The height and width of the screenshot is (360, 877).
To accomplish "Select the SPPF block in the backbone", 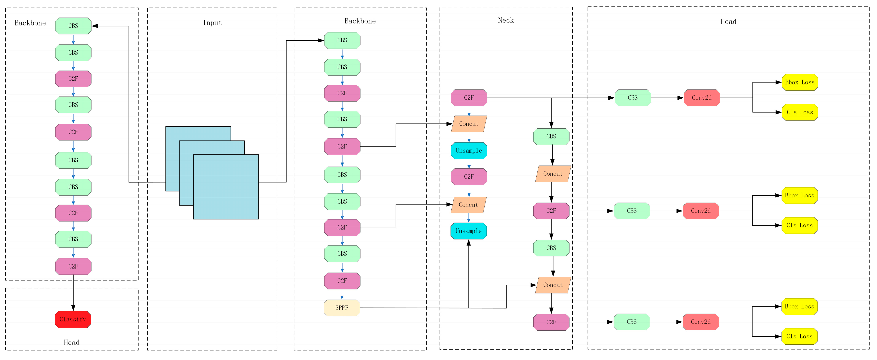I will pyautogui.click(x=342, y=308).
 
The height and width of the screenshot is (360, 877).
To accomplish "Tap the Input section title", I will pyautogui.click(x=212, y=23).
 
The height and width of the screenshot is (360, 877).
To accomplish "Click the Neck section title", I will pyautogui.click(x=506, y=20).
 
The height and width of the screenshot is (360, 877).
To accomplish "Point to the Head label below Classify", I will pyautogui.click(x=71, y=342).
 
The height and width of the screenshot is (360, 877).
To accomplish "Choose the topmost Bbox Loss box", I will pyautogui.click(x=800, y=82).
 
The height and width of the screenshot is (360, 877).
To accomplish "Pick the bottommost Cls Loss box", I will pyautogui.click(x=799, y=336).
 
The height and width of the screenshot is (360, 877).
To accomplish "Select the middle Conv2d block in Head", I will pyautogui.click(x=701, y=211).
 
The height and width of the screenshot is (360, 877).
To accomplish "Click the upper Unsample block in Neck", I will pyautogui.click(x=469, y=151).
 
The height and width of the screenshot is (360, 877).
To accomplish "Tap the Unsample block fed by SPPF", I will pyautogui.click(x=469, y=231).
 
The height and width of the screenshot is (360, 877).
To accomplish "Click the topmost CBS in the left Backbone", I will pyautogui.click(x=73, y=26).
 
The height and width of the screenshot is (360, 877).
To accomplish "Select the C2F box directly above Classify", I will pyautogui.click(x=73, y=266).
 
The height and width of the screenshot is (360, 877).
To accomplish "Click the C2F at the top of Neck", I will pyautogui.click(x=469, y=98).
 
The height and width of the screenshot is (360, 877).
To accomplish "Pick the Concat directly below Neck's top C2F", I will pyautogui.click(x=469, y=124).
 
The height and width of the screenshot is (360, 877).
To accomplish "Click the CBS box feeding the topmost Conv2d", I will pyautogui.click(x=632, y=98).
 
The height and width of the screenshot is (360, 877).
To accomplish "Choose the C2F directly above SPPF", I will pyautogui.click(x=342, y=281).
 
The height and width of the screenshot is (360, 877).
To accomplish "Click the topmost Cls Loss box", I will pyautogui.click(x=800, y=112).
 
